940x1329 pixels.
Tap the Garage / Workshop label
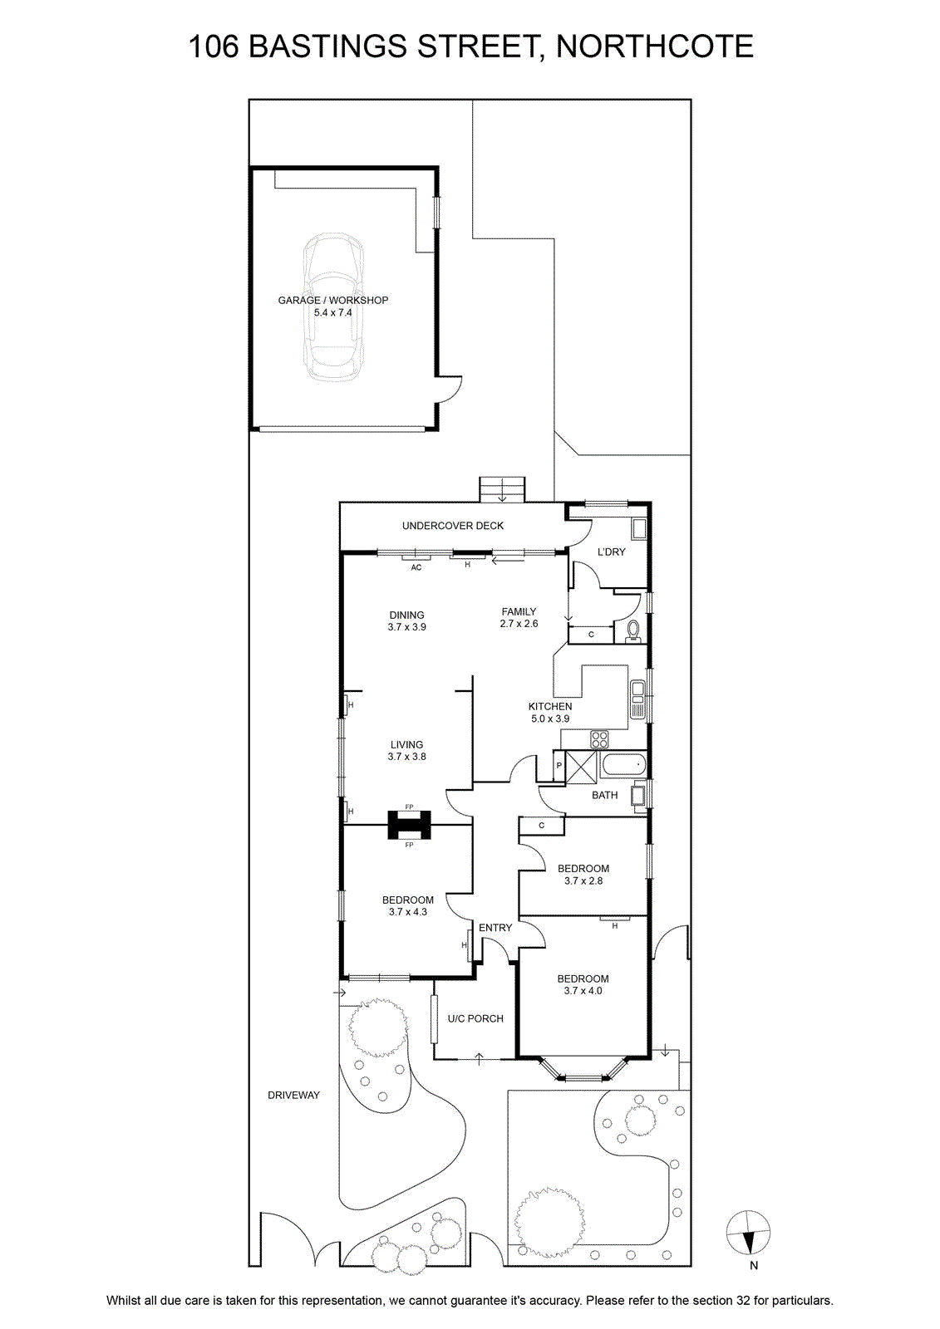pos(333,300)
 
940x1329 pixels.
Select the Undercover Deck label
pos(452,526)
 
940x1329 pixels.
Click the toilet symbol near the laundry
pos(634,631)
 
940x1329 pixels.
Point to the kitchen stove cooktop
pos(599,739)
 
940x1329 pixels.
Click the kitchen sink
pos(638,700)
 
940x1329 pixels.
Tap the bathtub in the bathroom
pos(623,765)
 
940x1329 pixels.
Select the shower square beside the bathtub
pos(581,767)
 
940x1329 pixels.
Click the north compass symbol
pos(748,1232)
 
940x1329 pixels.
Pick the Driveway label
pos(294,1096)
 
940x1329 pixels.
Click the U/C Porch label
pos(475,1018)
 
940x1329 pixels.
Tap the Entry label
pos(495,927)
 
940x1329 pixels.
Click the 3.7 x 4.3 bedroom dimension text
pos(408,912)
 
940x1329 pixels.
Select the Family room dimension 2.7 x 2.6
pos(519,624)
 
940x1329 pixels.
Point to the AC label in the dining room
pos(416,568)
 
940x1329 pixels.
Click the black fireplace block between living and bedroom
pos(409,825)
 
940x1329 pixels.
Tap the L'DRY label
pos(611,552)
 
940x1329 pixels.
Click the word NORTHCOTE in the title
pos(655,47)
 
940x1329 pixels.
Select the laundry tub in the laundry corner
pos(639,529)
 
